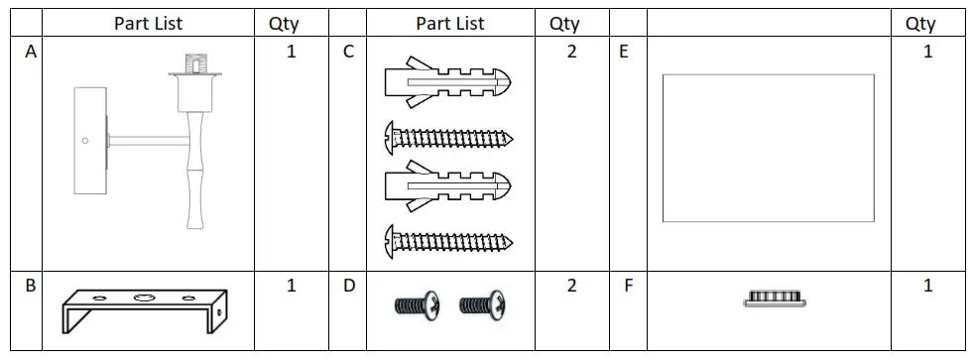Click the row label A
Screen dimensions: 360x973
31,53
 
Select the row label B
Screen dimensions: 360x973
31,287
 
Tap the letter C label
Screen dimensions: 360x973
348,53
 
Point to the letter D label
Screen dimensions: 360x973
348,287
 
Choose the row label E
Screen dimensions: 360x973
624,53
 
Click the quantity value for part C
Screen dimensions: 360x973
571,53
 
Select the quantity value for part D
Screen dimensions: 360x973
571,287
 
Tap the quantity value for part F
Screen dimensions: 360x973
927,287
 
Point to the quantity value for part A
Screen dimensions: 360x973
291,53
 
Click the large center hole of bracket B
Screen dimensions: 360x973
146,297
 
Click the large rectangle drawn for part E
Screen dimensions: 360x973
768,148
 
